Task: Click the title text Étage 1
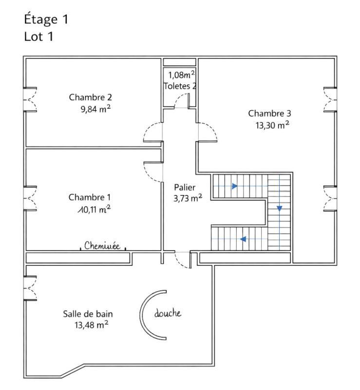click(x=46, y=20)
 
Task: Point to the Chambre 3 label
click(x=269, y=114)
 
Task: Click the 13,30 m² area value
click(x=272, y=125)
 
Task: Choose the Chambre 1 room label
click(x=90, y=197)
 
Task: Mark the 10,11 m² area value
click(x=92, y=209)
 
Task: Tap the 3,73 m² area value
click(x=188, y=198)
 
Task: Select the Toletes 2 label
click(x=180, y=86)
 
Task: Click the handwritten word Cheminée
click(x=102, y=246)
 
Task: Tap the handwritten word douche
click(x=168, y=313)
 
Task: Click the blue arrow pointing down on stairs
click(x=279, y=209)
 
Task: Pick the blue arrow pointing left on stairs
click(x=243, y=239)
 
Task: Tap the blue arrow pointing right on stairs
click(x=235, y=186)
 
